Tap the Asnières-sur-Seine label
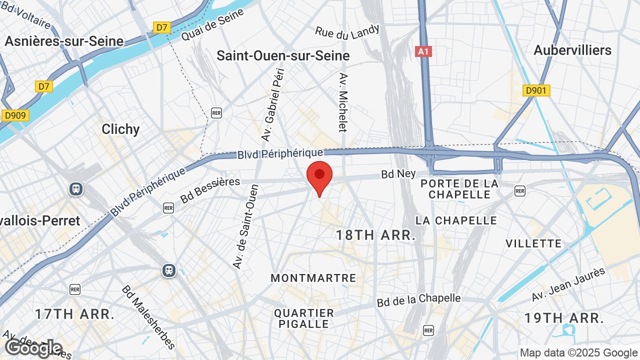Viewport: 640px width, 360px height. [x=64, y=41]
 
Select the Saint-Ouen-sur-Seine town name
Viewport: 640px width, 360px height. [x=283, y=55]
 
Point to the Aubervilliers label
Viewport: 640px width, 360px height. [x=572, y=50]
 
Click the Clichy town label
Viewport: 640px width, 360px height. [x=120, y=129]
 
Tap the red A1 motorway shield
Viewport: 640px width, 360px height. [x=423, y=51]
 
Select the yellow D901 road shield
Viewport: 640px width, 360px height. [x=536, y=90]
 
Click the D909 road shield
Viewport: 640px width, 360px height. [x=15, y=115]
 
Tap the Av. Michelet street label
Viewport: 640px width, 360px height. [x=343, y=102]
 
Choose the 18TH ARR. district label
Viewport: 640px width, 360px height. [x=375, y=235]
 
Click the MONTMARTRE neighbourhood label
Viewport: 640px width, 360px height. [x=313, y=278]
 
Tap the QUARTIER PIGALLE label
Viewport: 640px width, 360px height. [x=304, y=318]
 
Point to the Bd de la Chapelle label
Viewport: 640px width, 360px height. [x=419, y=300]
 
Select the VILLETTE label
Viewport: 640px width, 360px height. [x=533, y=243]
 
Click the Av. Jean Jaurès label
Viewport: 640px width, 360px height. [x=568, y=284]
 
